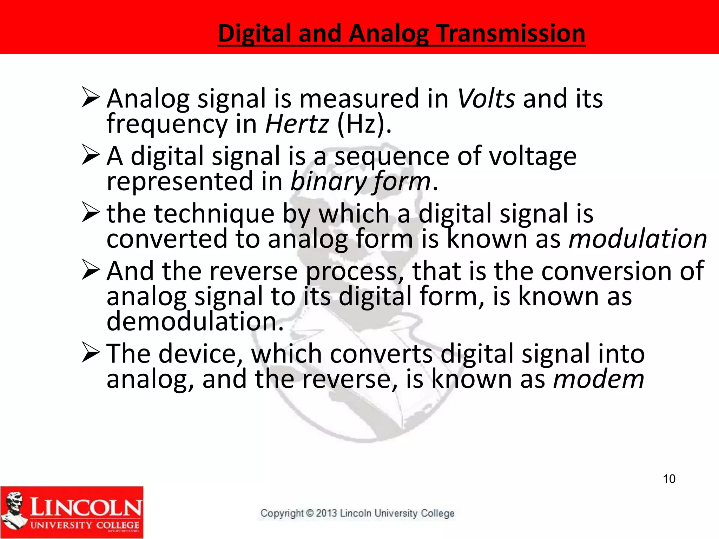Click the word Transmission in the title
click(511, 33)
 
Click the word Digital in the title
click(255, 33)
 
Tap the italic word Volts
click(486, 99)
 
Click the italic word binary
click(328, 182)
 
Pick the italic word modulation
click(638, 239)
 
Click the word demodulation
click(195, 321)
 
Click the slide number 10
click(669, 479)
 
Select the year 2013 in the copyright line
click(326, 513)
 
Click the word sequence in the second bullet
click(391, 156)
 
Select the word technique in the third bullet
click(214, 214)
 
